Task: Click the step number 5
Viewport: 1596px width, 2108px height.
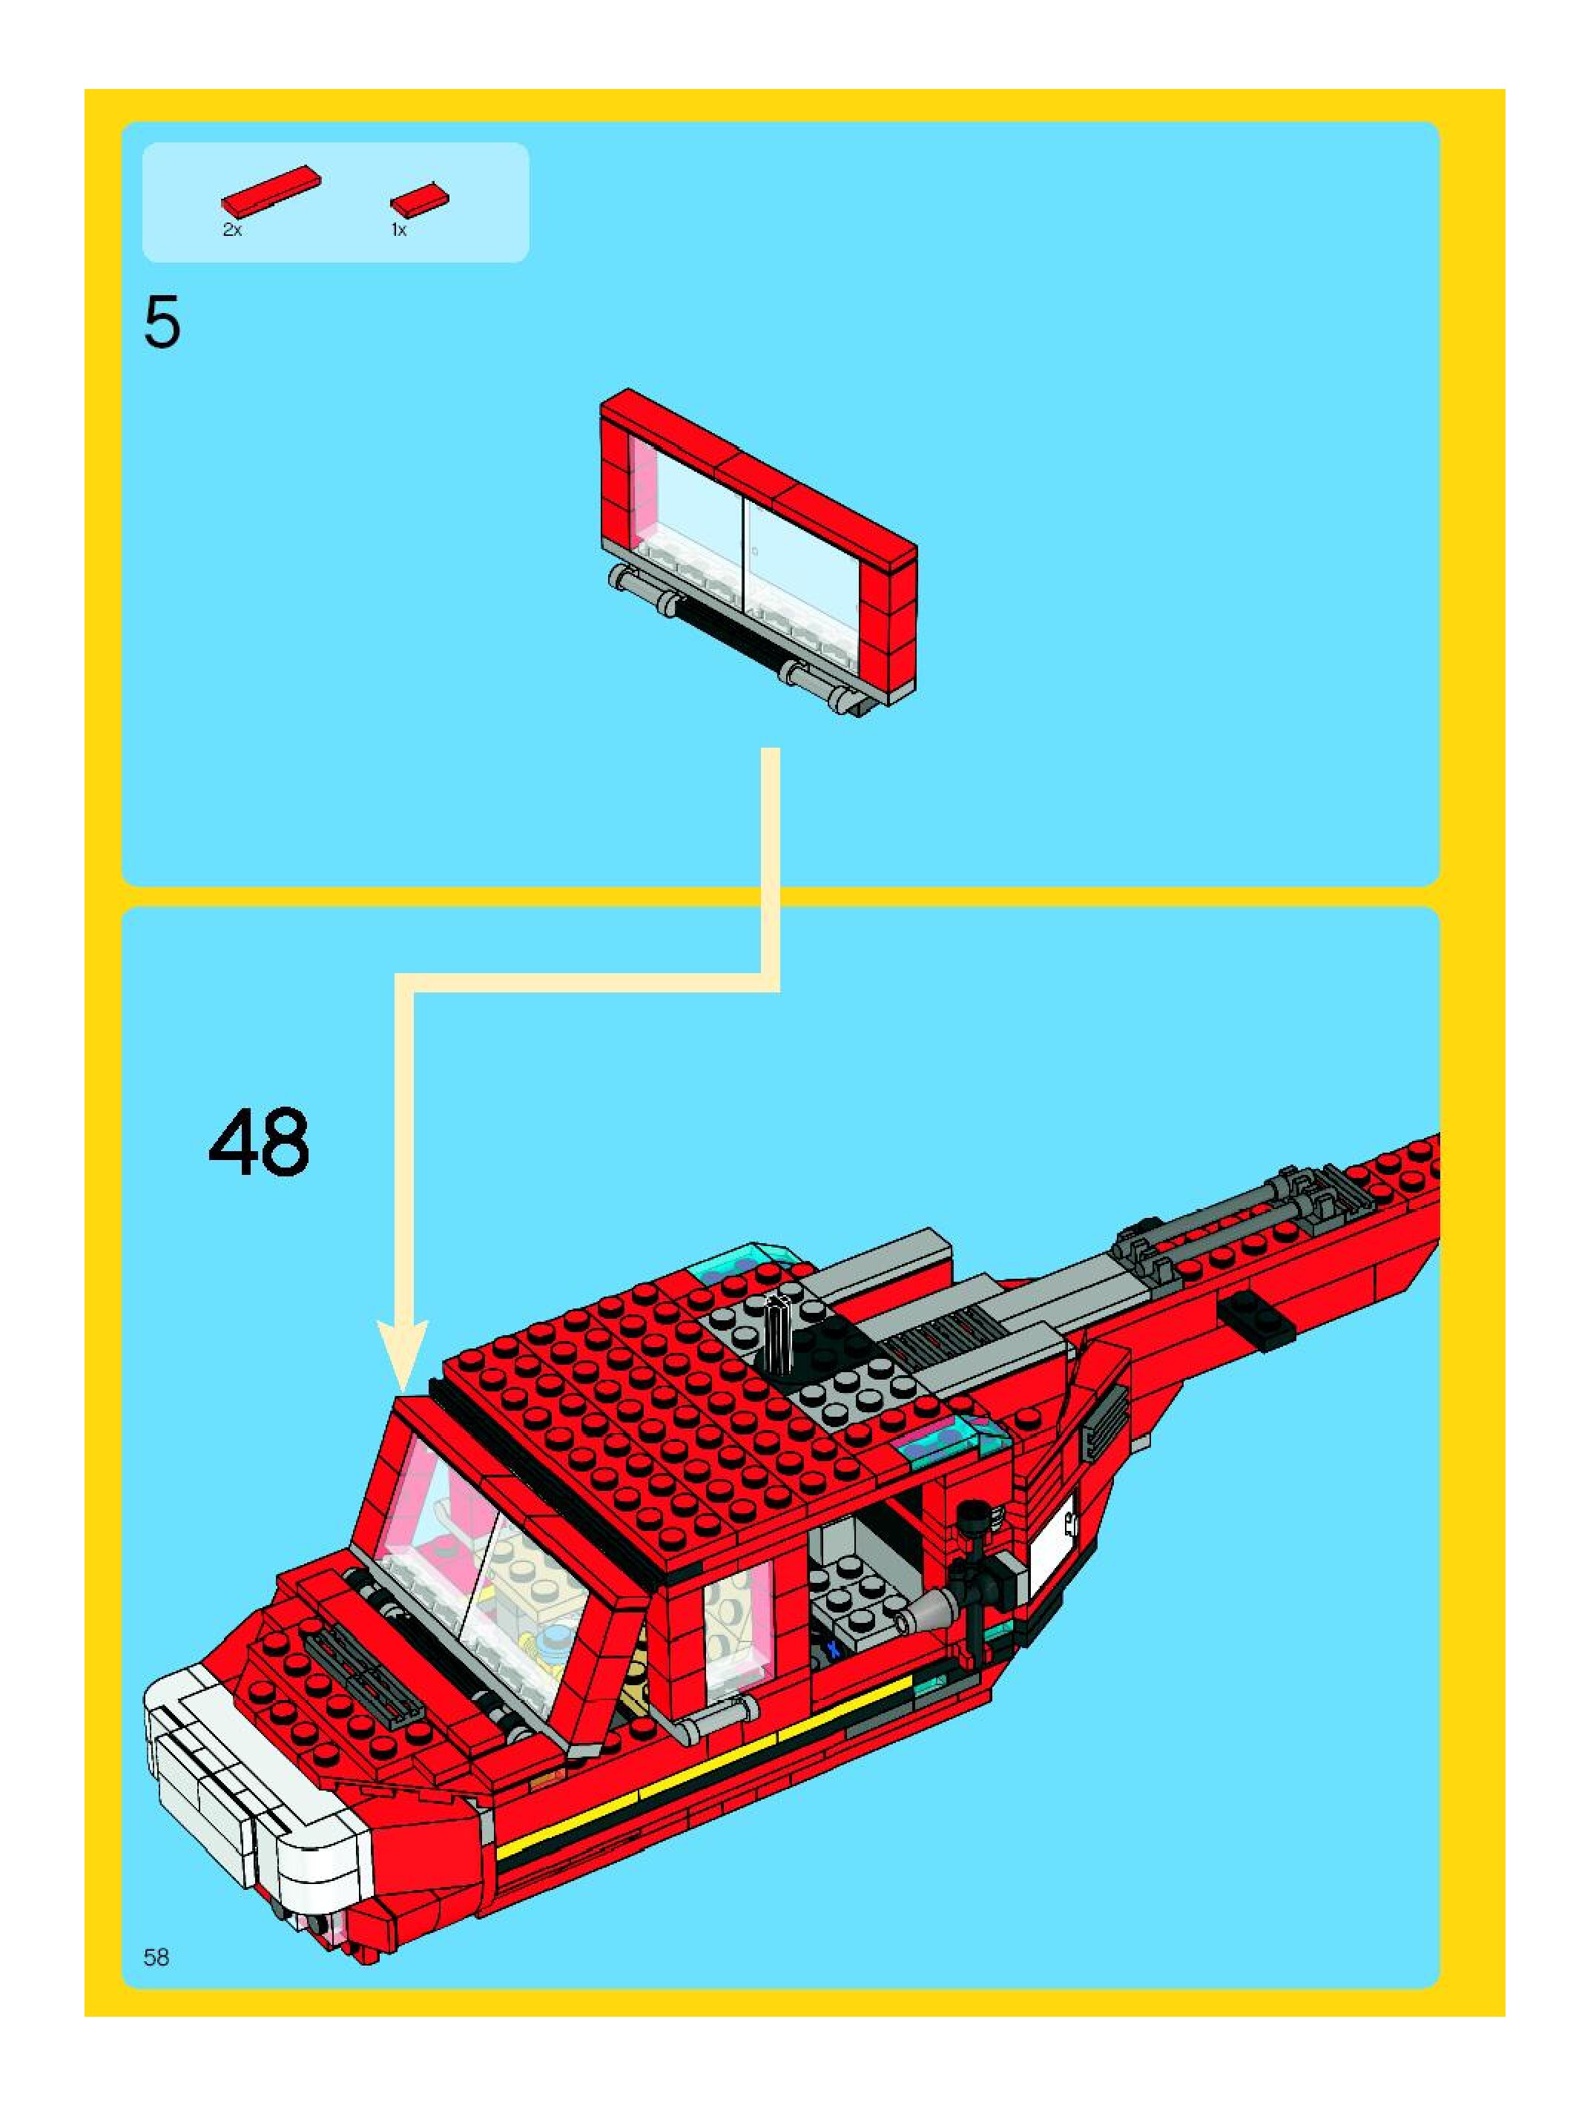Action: tap(162, 324)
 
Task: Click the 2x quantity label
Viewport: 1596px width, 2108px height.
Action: tap(232, 230)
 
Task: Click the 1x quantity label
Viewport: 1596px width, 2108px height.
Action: tap(399, 230)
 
